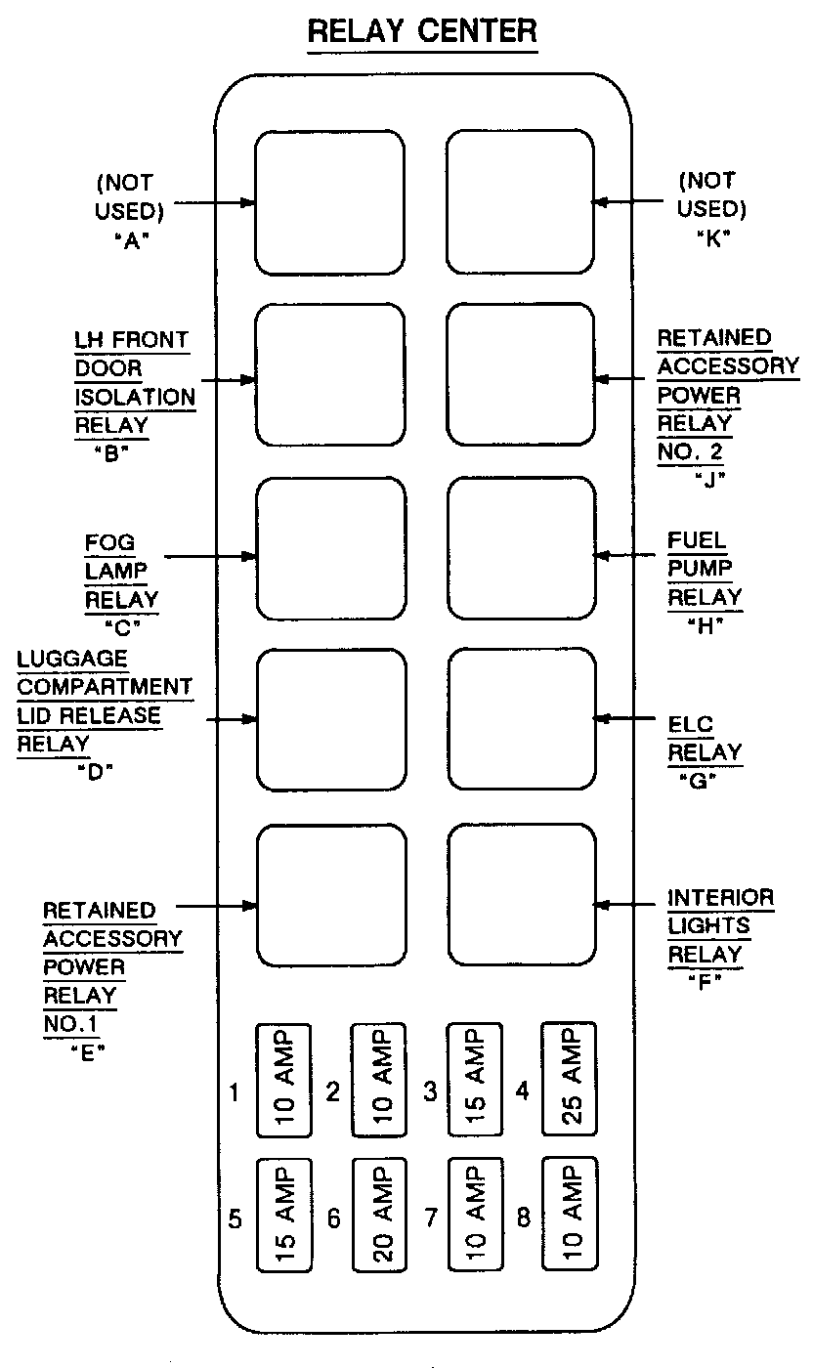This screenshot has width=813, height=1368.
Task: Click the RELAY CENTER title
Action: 422,32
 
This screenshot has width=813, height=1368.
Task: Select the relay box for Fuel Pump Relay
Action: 520,548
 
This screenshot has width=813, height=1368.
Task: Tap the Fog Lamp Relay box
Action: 330,548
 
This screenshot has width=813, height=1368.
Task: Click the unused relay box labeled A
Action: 329,203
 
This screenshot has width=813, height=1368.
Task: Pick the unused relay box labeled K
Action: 520,203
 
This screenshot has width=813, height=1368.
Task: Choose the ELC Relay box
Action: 520,718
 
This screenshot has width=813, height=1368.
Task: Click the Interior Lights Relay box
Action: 522,894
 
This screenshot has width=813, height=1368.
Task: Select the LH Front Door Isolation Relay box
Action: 329,376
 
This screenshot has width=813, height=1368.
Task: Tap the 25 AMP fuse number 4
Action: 570,1080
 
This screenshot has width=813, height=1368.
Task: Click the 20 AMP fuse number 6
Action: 379,1215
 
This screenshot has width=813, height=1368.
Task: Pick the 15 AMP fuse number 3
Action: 474,1080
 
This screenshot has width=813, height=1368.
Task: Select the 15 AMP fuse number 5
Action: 283,1215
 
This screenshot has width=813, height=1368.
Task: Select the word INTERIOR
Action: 720,897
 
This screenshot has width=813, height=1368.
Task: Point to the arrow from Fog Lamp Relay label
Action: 210,558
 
